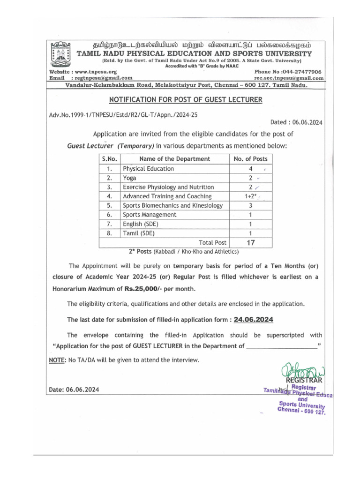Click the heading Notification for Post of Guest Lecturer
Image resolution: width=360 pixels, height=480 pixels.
pyautogui.click(x=186, y=100)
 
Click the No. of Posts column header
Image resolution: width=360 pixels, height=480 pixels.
pyautogui.click(x=250, y=159)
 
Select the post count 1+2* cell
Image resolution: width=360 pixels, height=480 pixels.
pyautogui.click(x=250, y=196)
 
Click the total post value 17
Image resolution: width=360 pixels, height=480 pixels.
pyautogui.click(x=250, y=243)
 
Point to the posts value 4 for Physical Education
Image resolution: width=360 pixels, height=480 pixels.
pyautogui.click(x=250, y=169)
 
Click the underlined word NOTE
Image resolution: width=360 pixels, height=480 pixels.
pyautogui.click(x=57, y=360)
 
